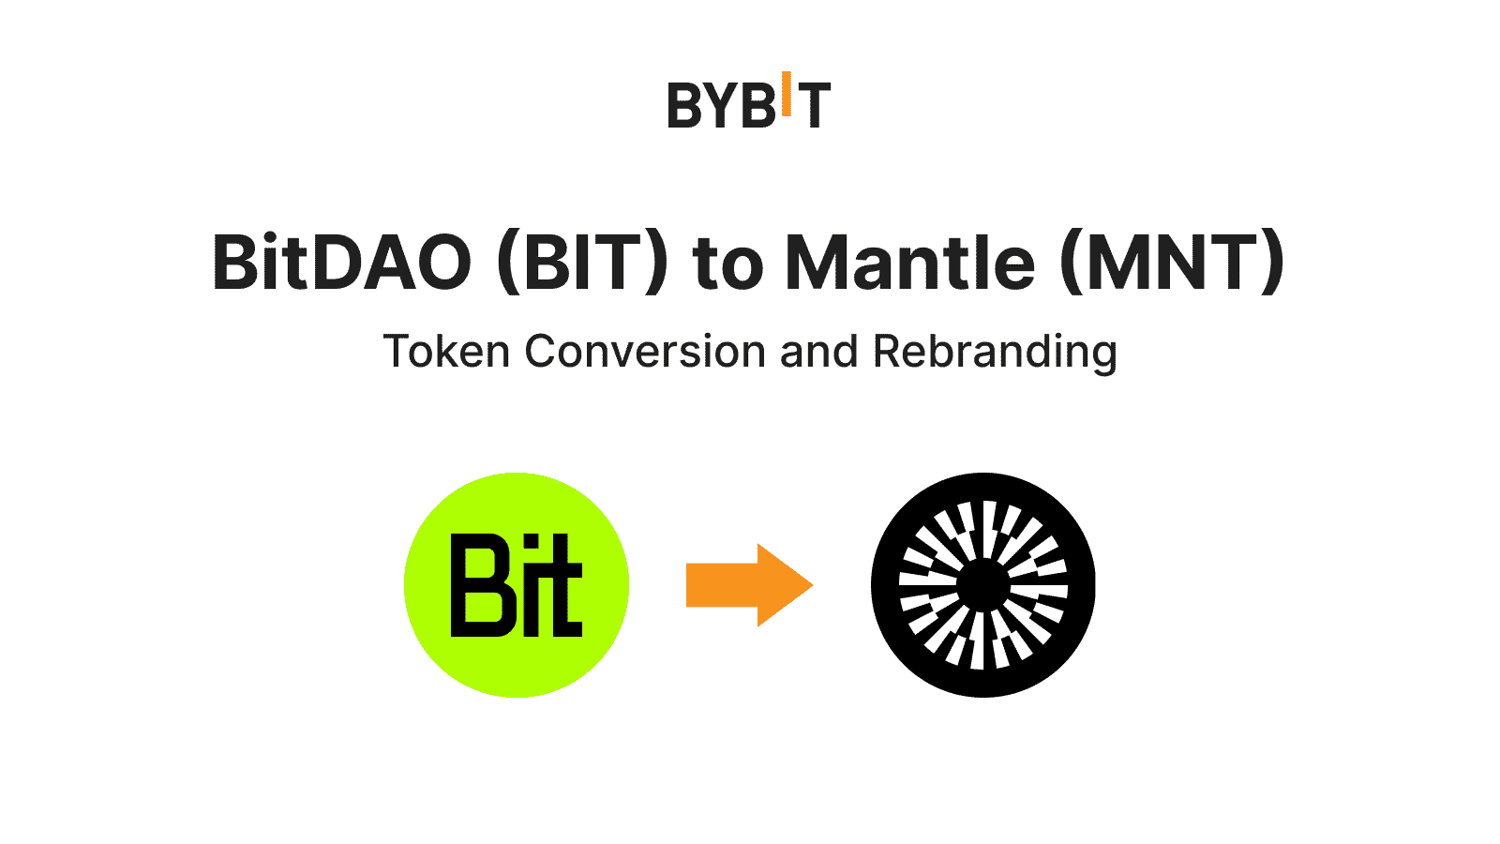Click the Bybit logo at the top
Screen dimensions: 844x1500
point(748,101)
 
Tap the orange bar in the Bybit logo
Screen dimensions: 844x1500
point(787,94)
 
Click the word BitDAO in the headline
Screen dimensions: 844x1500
point(341,263)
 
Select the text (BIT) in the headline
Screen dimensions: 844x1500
point(582,263)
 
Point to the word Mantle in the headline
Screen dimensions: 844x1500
point(909,263)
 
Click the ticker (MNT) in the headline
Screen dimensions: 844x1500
point(1172,263)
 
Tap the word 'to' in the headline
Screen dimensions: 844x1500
point(727,264)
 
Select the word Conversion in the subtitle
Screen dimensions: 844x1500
point(645,352)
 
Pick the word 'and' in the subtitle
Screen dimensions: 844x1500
point(818,352)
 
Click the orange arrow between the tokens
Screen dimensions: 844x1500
point(741,585)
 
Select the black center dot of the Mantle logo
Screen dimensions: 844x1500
point(983,585)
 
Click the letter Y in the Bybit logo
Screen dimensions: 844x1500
point(723,105)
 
